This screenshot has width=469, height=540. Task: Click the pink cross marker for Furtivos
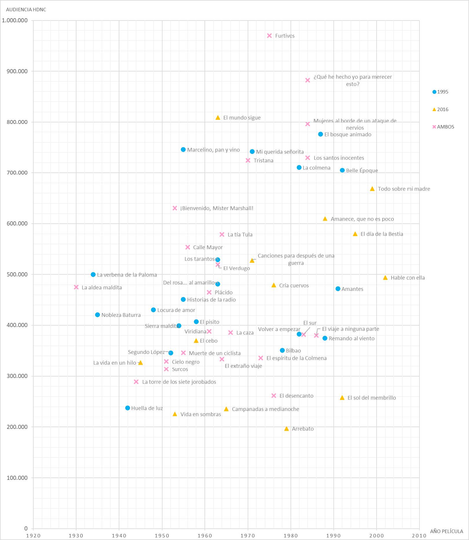click(x=269, y=36)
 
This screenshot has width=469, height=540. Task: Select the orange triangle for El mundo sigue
click(x=218, y=117)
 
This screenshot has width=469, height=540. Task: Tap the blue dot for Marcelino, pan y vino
click(x=183, y=150)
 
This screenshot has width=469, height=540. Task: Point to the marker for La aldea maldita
click(x=76, y=287)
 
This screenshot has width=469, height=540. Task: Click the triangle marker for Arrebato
click(x=286, y=429)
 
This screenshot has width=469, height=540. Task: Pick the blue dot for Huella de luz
click(x=127, y=408)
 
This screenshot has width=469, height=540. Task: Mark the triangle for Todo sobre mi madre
click(x=372, y=189)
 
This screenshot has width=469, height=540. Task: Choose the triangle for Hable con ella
click(x=385, y=278)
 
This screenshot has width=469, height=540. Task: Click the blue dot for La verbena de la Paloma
click(x=93, y=274)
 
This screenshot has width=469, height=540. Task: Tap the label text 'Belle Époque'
click(x=362, y=170)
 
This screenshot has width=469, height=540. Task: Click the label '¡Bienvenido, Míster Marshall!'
click(x=217, y=208)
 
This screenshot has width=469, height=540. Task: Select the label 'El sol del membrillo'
click(x=372, y=398)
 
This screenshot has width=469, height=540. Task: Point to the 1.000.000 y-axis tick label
click(x=15, y=20)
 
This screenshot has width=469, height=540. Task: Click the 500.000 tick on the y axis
click(x=17, y=274)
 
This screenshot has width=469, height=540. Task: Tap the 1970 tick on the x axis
click(x=248, y=536)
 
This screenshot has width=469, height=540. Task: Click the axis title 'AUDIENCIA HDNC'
click(x=26, y=10)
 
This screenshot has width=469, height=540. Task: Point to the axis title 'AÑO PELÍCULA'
click(x=446, y=531)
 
